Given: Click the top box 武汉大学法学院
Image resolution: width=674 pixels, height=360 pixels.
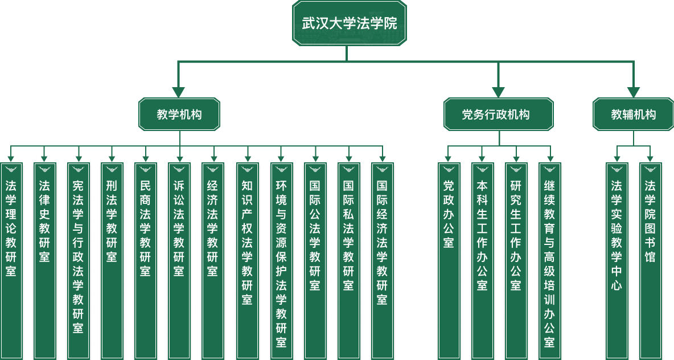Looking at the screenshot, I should coord(349,23).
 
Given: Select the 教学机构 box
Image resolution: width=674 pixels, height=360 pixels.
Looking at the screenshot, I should coord(179,114).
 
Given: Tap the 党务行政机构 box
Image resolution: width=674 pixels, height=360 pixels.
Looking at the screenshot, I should coord(498,114).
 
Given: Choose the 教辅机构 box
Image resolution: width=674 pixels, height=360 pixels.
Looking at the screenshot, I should coord(633,114).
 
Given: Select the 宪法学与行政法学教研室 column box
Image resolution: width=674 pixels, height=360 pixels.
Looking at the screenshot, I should coord(78,256).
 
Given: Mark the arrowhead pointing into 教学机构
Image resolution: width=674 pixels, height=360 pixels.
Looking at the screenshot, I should coord(179,92).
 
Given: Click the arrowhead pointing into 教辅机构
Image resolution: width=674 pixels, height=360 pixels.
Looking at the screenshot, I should coord(633,92).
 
